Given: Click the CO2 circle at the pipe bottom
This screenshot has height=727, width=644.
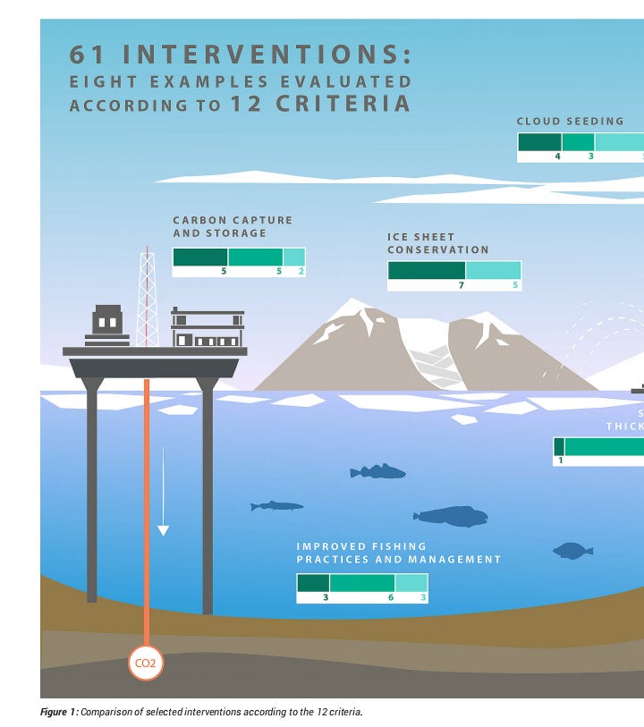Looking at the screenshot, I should pyautogui.click(x=145, y=664).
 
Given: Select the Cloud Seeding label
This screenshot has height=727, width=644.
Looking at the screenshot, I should pyautogui.click(x=570, y=121).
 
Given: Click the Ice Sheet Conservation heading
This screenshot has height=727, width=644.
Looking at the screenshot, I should pyautogui.click(x=438, y=243).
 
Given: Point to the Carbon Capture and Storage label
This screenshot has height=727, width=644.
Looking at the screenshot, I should pyautogui.click(x=233, y=226).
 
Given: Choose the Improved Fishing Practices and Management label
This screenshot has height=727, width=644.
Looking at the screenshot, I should pyautogui.click(x=399, y=553).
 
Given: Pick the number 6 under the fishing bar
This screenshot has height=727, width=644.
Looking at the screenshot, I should pyautogui.click(x=391, y=596).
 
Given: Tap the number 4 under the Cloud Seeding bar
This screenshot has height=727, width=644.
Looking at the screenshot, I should pyautogui.click(x=557, y=156).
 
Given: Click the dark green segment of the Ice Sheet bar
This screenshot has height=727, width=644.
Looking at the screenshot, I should pyautogui.click(x=427, y=270).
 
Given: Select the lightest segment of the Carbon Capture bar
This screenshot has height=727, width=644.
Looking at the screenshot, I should pyautogui.click(x=294, y=257).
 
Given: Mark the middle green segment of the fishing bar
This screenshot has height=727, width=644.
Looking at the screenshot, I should pyautogui.click(x=362, y=583).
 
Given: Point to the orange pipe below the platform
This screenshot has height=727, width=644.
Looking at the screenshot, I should pyautogui.click(x=146, y=501).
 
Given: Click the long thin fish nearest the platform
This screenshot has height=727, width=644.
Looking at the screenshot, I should pyautogui.click(x=276, y=506).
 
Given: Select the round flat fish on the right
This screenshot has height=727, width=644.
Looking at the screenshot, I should pyautogui.click(x=572, y=551).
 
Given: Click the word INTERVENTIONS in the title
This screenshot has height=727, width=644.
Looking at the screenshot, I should pyautogui.click(x=266, y=55).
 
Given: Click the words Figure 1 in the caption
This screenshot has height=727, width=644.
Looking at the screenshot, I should pyautogui.click(x=58, y=712).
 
